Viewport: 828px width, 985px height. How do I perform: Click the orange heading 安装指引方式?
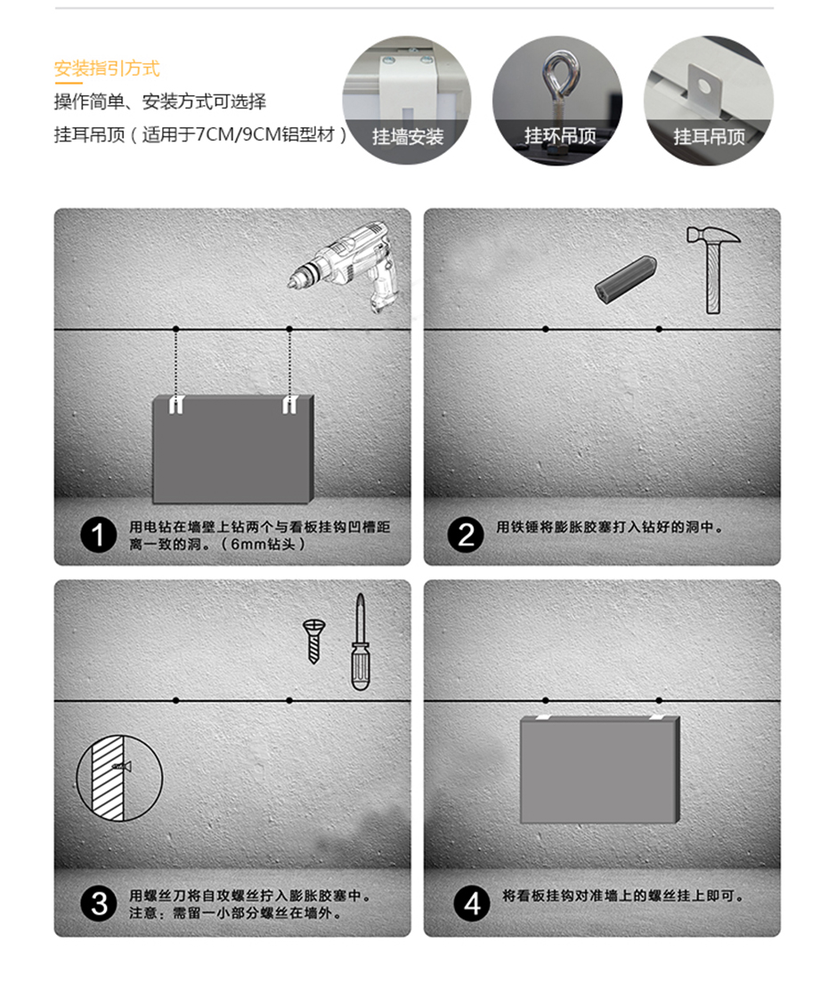click(107, 68)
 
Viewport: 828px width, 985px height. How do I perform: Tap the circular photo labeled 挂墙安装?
click(407, 100)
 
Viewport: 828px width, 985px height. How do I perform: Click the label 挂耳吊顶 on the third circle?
click(710, 136)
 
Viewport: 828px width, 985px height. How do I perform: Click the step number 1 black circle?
click(98, 536)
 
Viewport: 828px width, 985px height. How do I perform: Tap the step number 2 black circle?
click(466, 535)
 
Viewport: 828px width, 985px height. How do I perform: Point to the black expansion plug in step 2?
click(626, 279)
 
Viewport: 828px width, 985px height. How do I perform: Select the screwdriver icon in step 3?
click(361, 642)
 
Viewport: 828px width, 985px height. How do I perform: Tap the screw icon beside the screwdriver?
click(313, 641)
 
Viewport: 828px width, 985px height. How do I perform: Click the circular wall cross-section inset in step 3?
click(119, 778)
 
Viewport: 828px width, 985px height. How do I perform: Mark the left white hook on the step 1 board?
click(175, 404)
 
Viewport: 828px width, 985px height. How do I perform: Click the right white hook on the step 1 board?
click(289, 404)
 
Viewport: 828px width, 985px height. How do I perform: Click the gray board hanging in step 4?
click(600, 770)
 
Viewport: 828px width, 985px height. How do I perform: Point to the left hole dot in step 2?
click(546, 329)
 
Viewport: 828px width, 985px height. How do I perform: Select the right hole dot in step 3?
click(289, 699)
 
